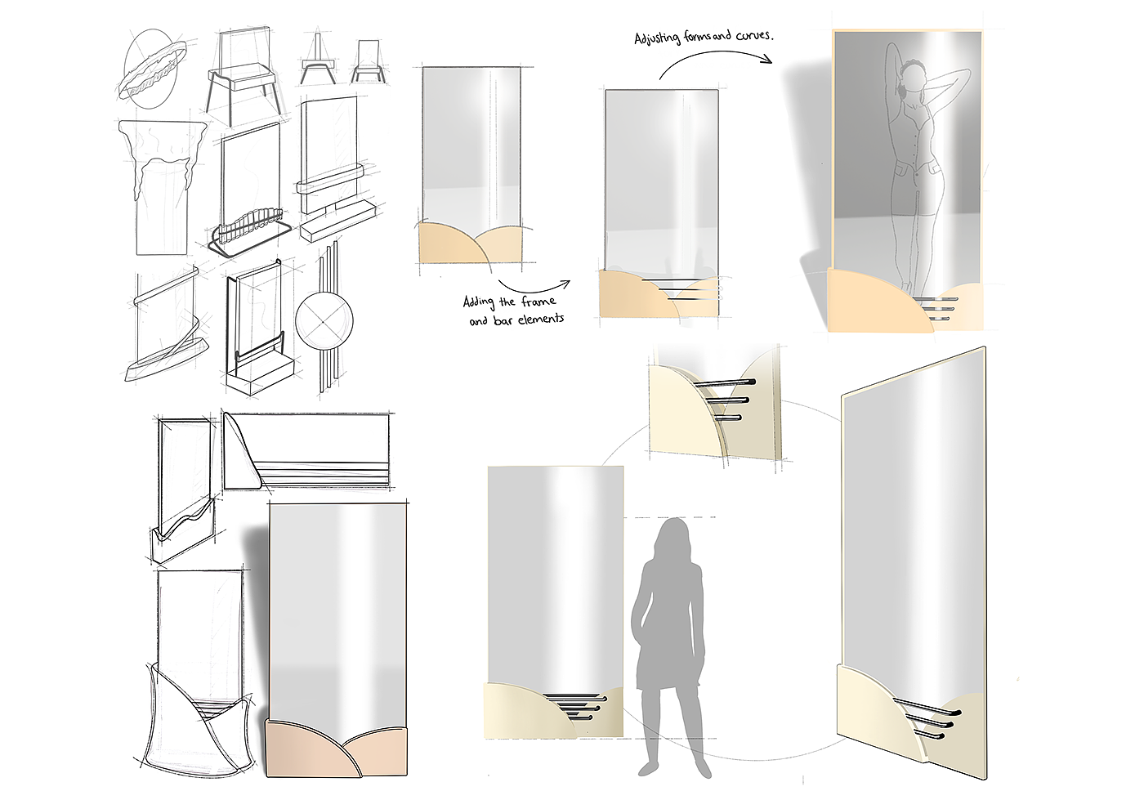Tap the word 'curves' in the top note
click(754, 34)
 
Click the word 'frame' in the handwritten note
click(538, 302)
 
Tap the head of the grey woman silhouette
click(675, 536)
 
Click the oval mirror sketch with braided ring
click(151, 69)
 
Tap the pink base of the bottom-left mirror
click(337, 749)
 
